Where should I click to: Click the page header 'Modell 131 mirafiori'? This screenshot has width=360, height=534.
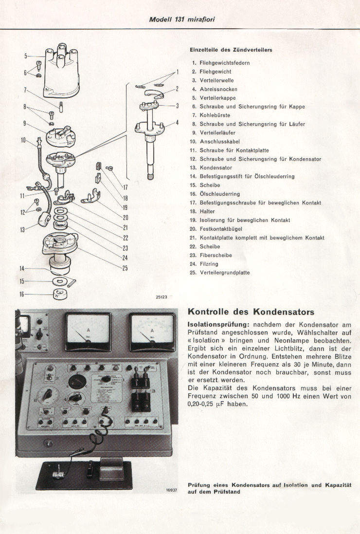[x=180, y=19]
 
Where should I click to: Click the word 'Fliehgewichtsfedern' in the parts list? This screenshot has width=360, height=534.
[x=224, y=63]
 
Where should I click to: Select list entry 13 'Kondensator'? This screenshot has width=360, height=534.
[x=216, y=168]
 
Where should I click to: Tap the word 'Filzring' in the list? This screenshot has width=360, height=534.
[x=209, y=264]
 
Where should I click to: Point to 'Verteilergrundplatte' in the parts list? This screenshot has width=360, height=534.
[x=224, y=273]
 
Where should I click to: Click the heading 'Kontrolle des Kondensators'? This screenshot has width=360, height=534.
[x=251, y=312]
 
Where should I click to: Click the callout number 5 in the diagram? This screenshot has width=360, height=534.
[x=26, y=56]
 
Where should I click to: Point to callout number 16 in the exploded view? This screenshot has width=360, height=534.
[x=21, y=294]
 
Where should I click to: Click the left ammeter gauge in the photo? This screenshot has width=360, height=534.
[x=88, y=332]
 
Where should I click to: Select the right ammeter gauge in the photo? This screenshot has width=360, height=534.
[x=152, y=332]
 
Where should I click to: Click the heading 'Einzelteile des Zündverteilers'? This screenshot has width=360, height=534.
[x=231, y=50]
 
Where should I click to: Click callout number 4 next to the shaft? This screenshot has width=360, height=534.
[x=177, y=123]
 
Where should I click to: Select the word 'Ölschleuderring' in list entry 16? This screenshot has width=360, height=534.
[x=219, y=194]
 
